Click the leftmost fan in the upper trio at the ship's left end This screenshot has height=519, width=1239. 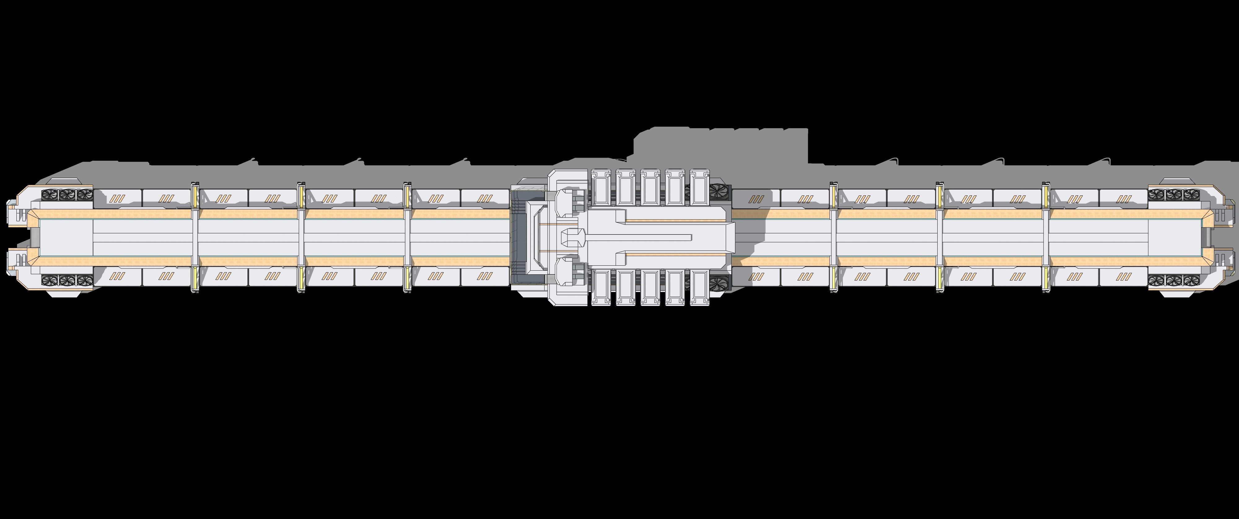[x=50, y=195]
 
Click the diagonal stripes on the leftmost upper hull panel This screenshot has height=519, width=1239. [x=117, y=198]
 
